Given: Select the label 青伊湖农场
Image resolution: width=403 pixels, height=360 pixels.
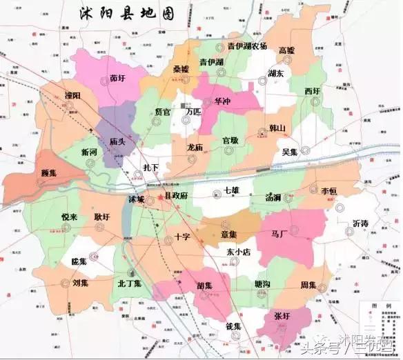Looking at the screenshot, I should point(237,46).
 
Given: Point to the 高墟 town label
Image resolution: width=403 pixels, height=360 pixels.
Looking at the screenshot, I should point(287,50).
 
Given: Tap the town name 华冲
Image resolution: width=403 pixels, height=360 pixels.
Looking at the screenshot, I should point(223,101).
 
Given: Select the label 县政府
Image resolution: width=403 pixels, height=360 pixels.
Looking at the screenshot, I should point(179,197).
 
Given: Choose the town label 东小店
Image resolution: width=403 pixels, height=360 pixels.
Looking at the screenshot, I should point(239,252).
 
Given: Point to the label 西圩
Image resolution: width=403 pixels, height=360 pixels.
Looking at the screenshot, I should point(312,90).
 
